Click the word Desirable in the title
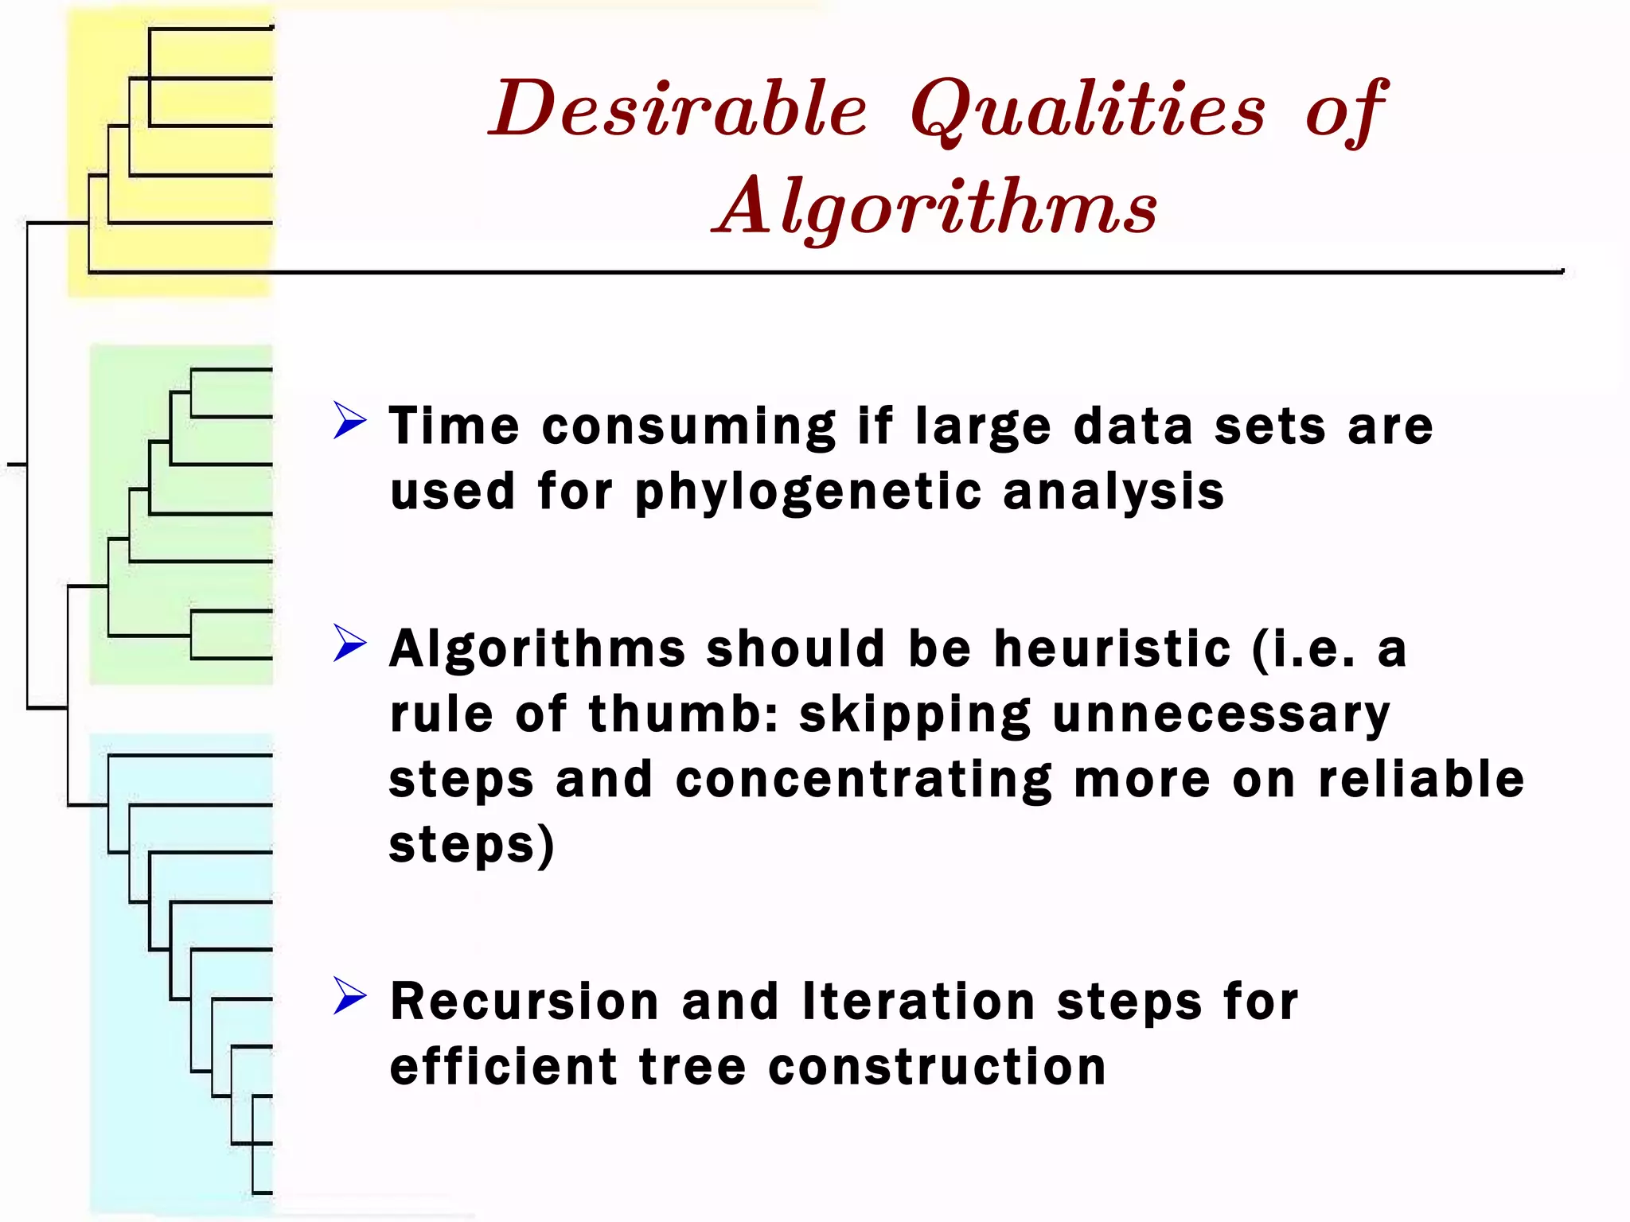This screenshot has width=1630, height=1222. pyautogui.click(x=678, y=109)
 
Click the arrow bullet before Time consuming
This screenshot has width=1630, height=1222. pyautogui.click(x=350, y=420)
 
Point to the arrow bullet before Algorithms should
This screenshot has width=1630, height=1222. pyautogui.click(x=350, y=643)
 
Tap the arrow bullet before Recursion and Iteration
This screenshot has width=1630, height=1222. pyautogui.click(x=350, y=995)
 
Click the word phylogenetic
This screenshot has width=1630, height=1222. pyautogui.click(x=808, y=492)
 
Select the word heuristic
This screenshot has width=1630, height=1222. pyautogui.click(x=1113, y=648)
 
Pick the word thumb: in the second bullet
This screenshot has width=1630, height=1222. pyautogui.click(x=683, y=714)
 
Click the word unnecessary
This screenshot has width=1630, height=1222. pyautogui.click(x=1221, y=714)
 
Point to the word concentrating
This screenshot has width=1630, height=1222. pyautogui.click(x=864, y=780)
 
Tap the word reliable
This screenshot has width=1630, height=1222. pyautogui.click(x=1421, y=779)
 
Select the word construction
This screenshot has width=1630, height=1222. pyautogui.click(x=938, y=1067)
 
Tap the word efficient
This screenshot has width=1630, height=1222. pyautogui.click(x=503, y=1067)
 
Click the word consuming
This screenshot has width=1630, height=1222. pyautogui.click(x=688, y=427)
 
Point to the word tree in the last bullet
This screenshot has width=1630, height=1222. pyautogui.click(x=692, y=1067)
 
